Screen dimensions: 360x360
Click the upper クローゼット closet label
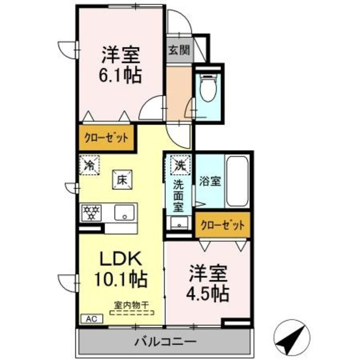click(x=106, y=138)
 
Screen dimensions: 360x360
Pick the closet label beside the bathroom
click(x=223, y=225)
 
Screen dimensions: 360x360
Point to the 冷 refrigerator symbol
click(x=88, y=165)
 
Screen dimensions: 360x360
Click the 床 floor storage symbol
click(x=121, y=179)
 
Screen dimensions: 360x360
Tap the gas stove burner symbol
click(x=91, y=213)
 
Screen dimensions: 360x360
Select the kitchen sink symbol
click(x=123, y=213)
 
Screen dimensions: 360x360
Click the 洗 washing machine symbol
click(x=179, y=165)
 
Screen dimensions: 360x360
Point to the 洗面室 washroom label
click(x=178, y=194)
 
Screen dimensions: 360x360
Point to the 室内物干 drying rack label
click(x=132, y=305)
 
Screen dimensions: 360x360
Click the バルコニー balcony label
click(x=165, y=341)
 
